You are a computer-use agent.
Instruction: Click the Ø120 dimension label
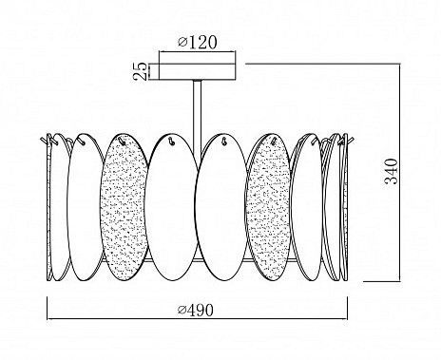[x=198, y=43]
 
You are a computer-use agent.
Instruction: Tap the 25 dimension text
[x=141, y=71]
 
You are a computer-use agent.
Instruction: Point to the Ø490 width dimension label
[x=196, y=311]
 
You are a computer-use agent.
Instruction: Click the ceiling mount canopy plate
[x=197, y=72]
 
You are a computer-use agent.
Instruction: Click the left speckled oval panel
[x=124, y=207]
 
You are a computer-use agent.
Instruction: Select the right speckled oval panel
[x=268, y=207]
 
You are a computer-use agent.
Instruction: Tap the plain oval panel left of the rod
[x=173, y=207]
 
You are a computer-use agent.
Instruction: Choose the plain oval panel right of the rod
[x=220, y=207]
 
